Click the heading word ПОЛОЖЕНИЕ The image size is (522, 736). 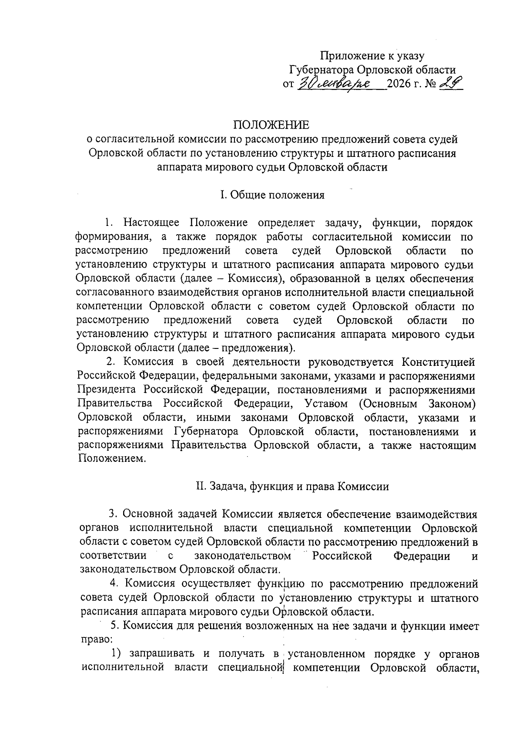click(272, 125)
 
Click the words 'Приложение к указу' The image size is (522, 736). click(372, 56)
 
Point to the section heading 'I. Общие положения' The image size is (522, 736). click(272, 195)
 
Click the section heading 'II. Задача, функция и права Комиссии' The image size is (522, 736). click(292, 487)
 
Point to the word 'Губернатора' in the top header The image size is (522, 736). click(321, 70)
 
